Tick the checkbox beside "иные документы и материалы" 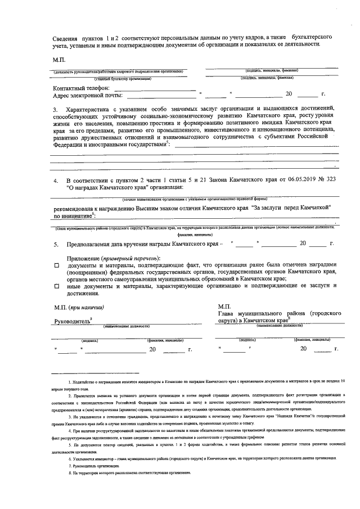tap(56, 286)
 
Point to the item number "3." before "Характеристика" tap(56, 109)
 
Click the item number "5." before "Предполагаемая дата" tap(56, 244)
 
